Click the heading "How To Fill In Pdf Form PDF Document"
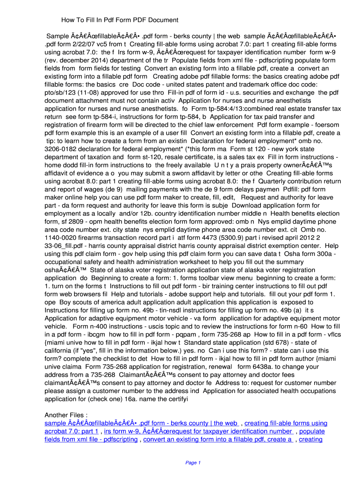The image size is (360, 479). tap(120, 20)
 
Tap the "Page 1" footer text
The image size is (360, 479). tap(193, 463)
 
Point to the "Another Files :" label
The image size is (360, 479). tap(66, 415)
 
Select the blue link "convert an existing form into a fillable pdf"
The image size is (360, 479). tap(218, 440)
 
